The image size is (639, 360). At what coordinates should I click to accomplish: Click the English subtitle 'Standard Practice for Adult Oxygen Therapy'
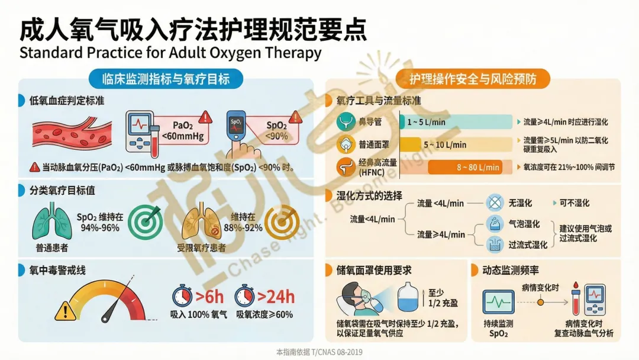170,53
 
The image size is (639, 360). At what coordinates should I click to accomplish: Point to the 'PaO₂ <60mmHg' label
182,130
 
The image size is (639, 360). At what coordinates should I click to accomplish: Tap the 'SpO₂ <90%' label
276,130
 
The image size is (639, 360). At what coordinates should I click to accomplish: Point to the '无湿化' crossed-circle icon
494,203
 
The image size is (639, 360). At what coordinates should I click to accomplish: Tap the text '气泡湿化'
524,224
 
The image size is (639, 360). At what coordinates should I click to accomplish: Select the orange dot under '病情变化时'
540,301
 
